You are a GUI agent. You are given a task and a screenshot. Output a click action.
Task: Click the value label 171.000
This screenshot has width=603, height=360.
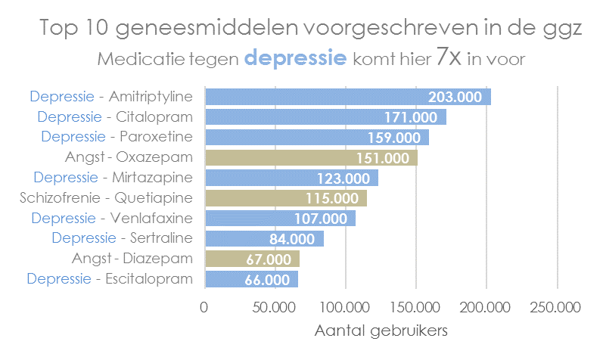[411, 117]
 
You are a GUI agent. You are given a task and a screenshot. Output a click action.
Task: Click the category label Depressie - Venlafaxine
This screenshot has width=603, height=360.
[111, 218]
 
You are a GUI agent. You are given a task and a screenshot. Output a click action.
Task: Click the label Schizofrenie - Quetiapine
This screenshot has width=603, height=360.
[105, 198]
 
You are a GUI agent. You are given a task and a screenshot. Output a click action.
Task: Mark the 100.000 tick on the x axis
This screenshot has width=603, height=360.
[345, 308]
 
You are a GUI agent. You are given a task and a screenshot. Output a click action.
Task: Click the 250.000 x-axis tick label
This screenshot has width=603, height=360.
[557, 308]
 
